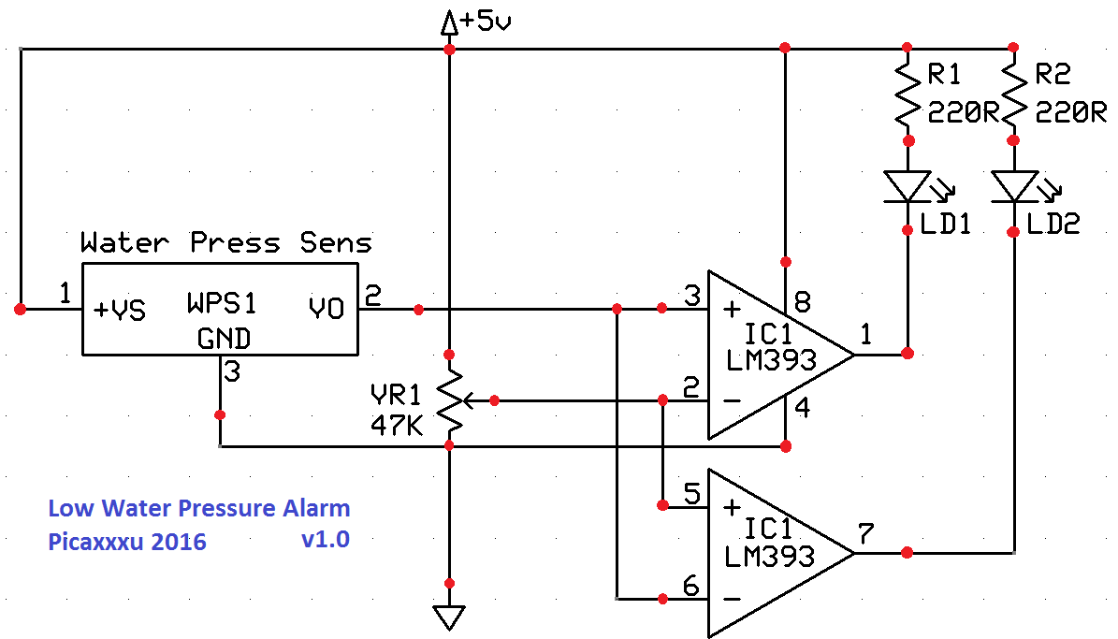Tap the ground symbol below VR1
[x=449, y=617]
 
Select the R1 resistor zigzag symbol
[x=907, y=94]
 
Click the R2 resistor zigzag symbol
[x=1013, y=94]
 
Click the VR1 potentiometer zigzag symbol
[x=450, y=400]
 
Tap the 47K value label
[x=397, y=426]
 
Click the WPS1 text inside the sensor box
[x=222, y=303]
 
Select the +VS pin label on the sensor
[x=120, y=310]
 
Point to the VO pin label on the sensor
[x=327, y=308]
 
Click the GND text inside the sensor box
[x=224, y=338]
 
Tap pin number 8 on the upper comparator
[x=802, y=302]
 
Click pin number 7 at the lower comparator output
[x=865, y=533]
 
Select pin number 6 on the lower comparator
[x=690, y=587]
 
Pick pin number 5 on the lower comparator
[x=691, y=493]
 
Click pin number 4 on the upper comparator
[x=802, y=408]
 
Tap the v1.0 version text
[x=326, y=539]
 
